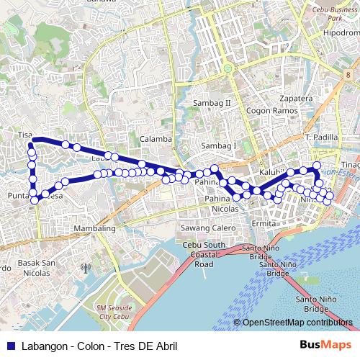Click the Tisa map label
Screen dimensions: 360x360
pyautogui.click(x=25, y=135)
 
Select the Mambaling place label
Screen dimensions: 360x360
pyautogui.click(x=94, y=229)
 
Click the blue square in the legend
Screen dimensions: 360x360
pyautogui.click(x=10, y=345)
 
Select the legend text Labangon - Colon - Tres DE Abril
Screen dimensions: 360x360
pyautogui.click(x=99, y=345)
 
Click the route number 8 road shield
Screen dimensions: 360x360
pyautogui.click(x=348, y=74)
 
